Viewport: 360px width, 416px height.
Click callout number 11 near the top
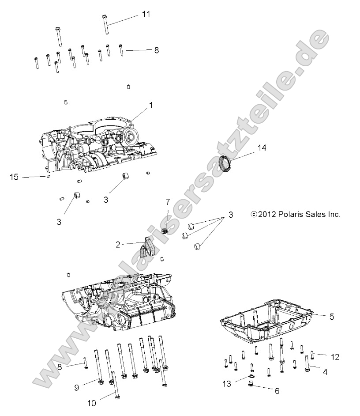tap(146, 14)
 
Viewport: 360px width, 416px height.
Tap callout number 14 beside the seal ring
tap(262, 148)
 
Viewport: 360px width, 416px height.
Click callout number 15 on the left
tap(14, 177)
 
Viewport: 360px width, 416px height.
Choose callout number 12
tap(335, 356)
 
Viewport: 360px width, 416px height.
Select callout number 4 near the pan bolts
tap(325, 372)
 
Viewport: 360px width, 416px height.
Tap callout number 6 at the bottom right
tap(277, 390)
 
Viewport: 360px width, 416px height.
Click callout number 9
tap(76, 387)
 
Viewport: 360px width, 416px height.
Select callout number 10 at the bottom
tap(91, 403)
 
